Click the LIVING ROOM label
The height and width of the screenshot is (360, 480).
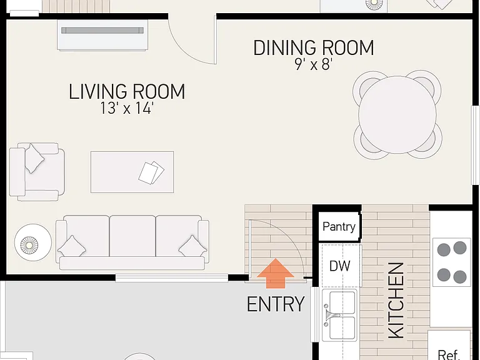(x=127, y=91)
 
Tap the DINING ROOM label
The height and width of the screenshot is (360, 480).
(x=314, y=47)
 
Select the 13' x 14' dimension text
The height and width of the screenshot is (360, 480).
(x=127, y=107)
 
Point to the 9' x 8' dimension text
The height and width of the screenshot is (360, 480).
(x=314, y=64)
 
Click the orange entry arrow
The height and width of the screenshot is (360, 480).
(x=276, y=273)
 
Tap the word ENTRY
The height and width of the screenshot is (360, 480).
(x=276, y=304)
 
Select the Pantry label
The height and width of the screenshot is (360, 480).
(x=339, y=227)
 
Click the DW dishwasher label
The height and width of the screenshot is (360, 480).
(x=339, y=266)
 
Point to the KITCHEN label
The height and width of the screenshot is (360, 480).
(x=396, y=301)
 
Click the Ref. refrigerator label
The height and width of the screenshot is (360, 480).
(x=449, y=354)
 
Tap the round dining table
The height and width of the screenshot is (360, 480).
(x=397, y=115)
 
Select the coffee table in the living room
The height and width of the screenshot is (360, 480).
(x=132, y=172)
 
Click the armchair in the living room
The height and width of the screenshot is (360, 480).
(x=37, y=172)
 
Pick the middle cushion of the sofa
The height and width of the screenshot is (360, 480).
(x=132, y=236)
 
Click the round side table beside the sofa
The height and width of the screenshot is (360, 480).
(x=32, y=242)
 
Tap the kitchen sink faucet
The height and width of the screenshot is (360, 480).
(x=331, y=315)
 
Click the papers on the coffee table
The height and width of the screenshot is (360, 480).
(x=151, y=173)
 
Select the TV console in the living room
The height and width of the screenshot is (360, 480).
(x=102, y=35)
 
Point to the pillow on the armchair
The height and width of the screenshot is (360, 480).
(x=34, y=159)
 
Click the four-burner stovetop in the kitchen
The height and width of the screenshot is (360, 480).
(x=452, y=262)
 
